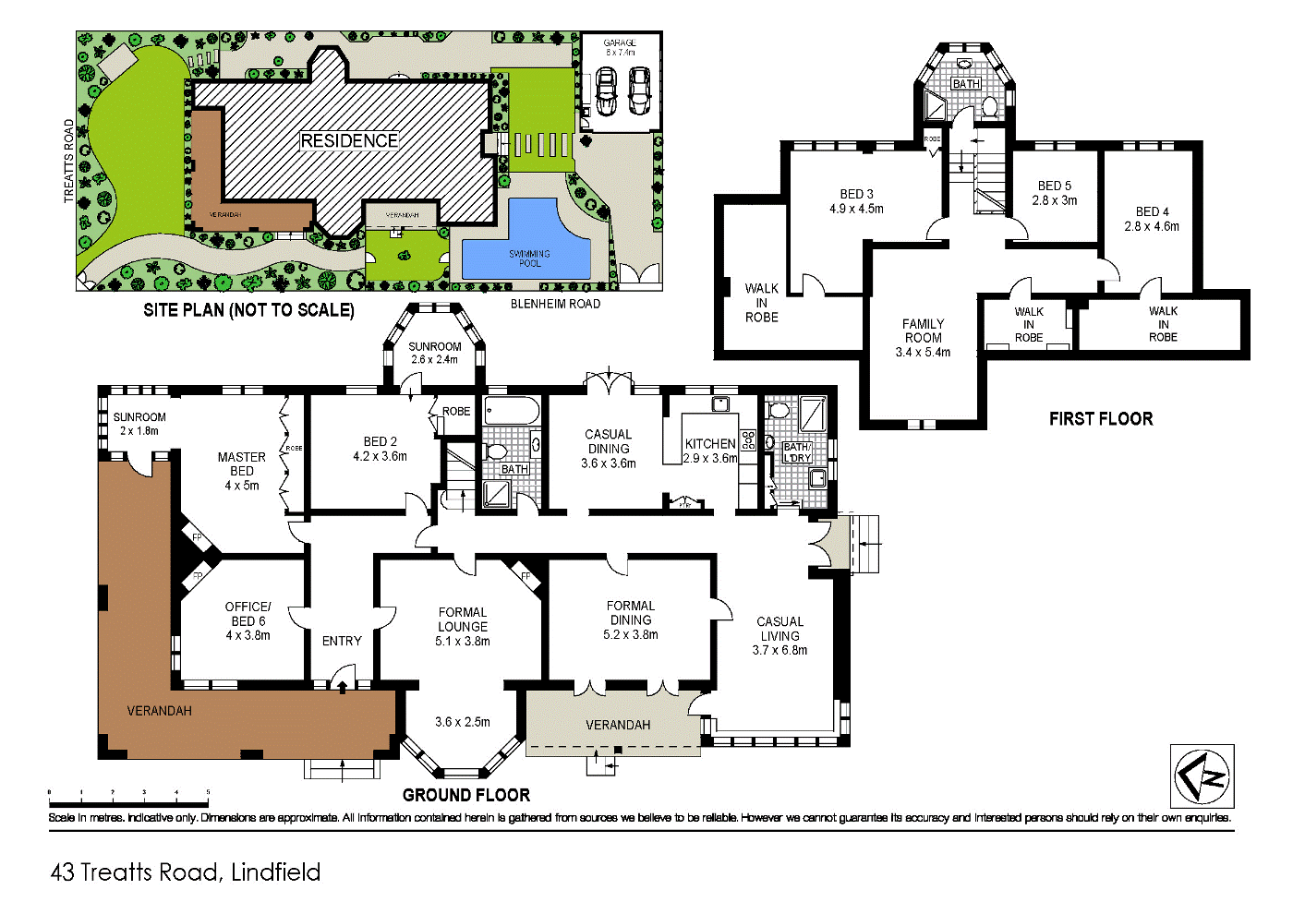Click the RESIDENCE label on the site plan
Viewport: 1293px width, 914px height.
[x=349, y=140]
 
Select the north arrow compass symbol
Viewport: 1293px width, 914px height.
[x=1202, y=776]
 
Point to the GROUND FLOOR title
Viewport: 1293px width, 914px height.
[x=465, y=795]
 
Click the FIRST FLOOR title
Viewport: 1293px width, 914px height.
[x=1100, y=419]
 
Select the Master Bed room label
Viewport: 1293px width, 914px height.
[x=241, y=471]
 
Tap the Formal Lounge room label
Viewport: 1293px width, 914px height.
[x=462, y=626]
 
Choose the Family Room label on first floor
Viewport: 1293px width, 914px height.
[x=923, y=337]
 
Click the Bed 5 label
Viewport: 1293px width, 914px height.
[x=1054, y=192]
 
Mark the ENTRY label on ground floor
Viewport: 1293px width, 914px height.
[x=342, y=641]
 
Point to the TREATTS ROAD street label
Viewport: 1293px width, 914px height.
[x=68, y=161]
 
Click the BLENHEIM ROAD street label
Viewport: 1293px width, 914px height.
[x=555, y=304]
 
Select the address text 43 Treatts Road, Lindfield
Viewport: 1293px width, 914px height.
[x=185, y=872]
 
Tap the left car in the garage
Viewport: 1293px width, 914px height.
[x=606, y=91]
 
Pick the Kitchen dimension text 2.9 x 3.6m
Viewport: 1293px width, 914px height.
[x=710, y=458]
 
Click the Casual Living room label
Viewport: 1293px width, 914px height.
[x=779, y=635]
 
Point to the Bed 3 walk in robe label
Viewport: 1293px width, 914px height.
[x=761, y=303]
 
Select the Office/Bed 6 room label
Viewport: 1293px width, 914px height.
[x=248, y=620]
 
